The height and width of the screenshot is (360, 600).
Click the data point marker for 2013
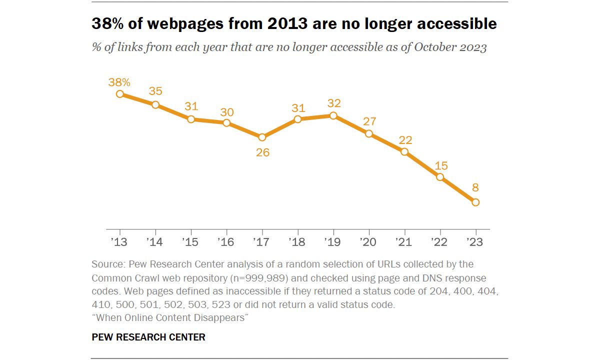119,94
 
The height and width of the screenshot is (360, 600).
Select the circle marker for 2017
262,137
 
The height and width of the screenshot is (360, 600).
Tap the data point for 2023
475,202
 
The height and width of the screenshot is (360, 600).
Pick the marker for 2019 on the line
333,115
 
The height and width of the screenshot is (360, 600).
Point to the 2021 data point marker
404,152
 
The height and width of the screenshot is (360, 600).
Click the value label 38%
119,82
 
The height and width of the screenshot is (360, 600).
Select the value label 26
262,152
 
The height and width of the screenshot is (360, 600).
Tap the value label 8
475,187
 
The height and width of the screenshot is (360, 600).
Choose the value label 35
155,91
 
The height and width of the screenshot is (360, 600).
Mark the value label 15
441,166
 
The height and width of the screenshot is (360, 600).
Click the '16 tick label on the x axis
226,242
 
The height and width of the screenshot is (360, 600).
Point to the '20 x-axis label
368,242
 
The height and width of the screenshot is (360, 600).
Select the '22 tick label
439,242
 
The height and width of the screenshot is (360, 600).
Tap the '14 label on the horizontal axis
154,242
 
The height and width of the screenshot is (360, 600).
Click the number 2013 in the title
287,23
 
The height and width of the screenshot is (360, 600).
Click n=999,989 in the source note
259,278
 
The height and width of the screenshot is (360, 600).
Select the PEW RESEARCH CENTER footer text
148,337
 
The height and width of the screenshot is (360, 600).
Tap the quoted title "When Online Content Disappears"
170,317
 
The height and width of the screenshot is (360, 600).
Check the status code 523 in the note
221,304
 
